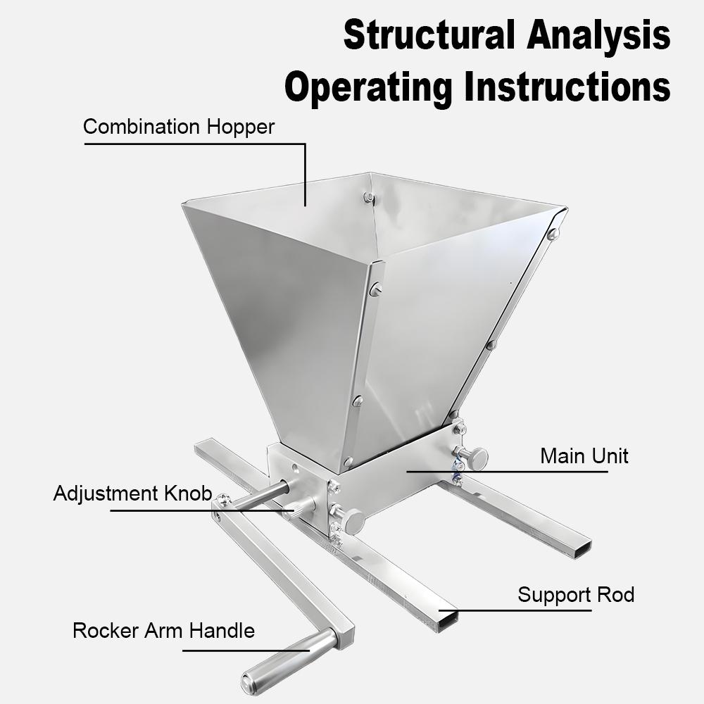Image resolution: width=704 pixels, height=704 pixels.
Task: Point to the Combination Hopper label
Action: pos(178,127)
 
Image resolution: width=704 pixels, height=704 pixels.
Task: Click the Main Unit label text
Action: pos(584,455)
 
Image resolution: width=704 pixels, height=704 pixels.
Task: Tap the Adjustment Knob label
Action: pos(132,494)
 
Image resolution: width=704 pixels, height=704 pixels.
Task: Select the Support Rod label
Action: pos(575,595)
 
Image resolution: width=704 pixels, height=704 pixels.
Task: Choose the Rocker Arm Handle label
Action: pos(163,630)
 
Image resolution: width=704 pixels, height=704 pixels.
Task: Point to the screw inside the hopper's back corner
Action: pos(368,198)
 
